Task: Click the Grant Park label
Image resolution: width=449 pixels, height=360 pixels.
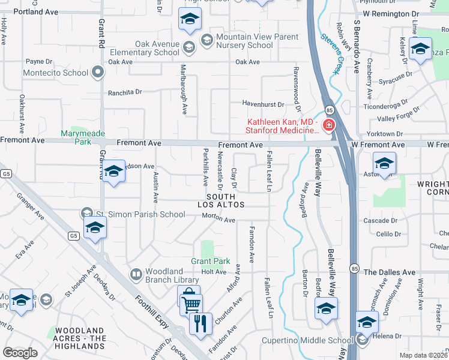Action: pos(211,261)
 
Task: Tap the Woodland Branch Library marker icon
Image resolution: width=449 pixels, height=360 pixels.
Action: pos(136,275)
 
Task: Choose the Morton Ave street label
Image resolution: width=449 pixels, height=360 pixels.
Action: pos(218,220)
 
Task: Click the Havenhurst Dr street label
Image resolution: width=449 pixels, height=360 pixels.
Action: pos(262,103)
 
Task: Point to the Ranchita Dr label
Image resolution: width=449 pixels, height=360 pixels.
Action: pos(125,92)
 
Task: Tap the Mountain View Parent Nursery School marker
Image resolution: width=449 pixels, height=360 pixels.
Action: pos(207,40)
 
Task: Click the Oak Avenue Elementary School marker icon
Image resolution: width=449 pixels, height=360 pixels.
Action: pos(189,47)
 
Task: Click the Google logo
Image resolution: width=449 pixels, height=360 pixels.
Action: pos(20,352)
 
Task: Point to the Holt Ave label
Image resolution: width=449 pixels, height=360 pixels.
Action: pos(214,272)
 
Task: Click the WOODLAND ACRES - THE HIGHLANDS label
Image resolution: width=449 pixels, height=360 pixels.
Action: pos(80,338)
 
